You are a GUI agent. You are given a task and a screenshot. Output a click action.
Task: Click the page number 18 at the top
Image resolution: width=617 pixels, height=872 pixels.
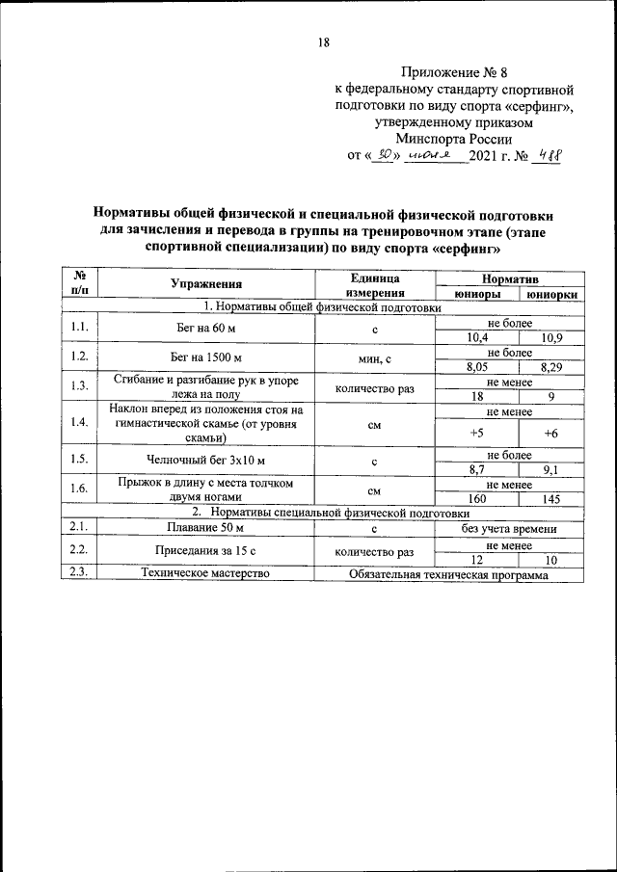324,42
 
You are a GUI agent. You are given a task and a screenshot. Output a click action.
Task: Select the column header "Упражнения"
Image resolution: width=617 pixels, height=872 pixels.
206,283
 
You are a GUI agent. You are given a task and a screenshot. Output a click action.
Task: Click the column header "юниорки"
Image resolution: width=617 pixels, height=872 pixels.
551,295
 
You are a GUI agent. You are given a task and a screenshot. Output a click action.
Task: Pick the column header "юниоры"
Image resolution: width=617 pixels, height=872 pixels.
475,295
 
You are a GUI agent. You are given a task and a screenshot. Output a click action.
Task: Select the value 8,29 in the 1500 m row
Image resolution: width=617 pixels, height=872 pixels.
551,367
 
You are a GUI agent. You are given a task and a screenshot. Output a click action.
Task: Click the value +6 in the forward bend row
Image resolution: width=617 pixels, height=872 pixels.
551,433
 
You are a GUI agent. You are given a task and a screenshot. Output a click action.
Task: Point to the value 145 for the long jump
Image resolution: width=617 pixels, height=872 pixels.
551,498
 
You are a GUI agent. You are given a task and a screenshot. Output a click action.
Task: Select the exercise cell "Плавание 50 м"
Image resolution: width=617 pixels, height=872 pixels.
206,529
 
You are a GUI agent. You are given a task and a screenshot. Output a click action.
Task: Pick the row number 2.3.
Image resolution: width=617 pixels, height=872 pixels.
80,574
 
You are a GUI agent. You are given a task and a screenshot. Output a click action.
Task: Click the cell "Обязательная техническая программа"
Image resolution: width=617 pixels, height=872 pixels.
448,574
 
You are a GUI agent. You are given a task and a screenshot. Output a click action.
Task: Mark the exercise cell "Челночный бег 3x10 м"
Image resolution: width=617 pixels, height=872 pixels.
206,462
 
